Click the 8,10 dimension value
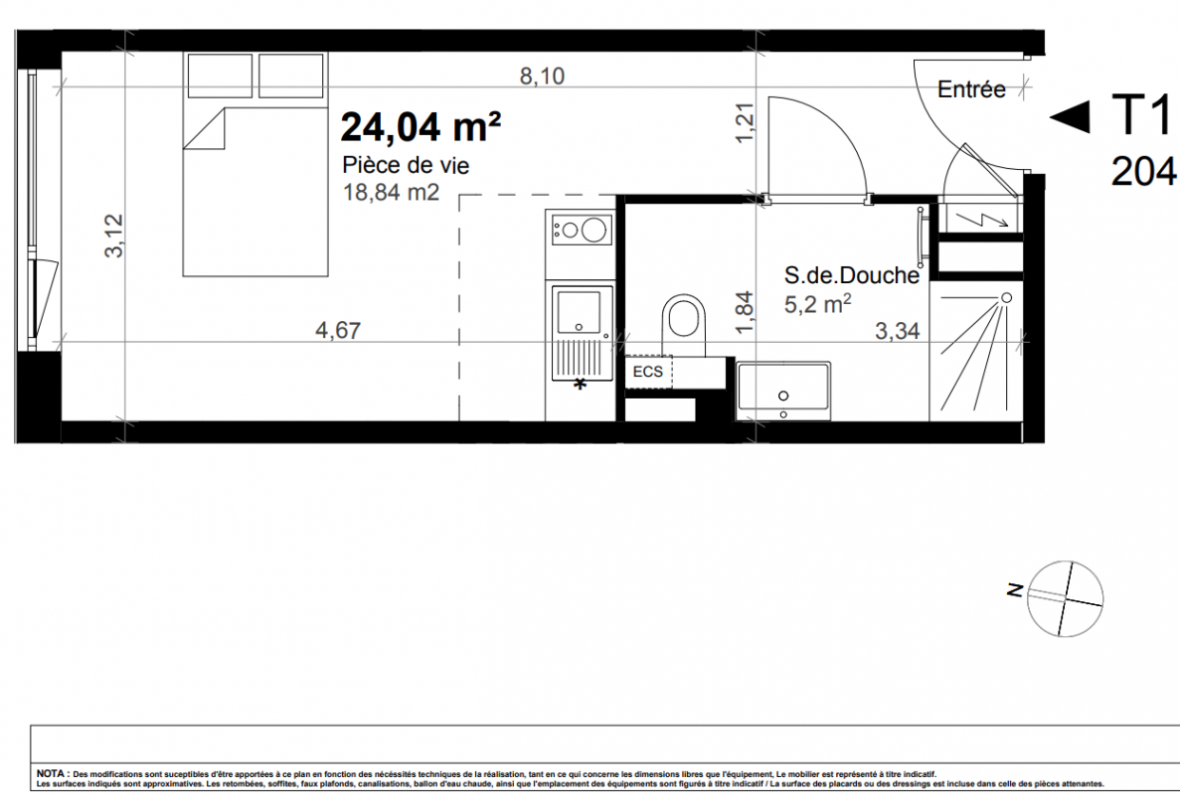click(x=542, y=76)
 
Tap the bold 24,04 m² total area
click(x=421, y=126)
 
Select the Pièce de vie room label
click(x=406, y=165)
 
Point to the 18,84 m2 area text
click(x=391, y=193)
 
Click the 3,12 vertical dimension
click(x=113, y=236)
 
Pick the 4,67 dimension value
click(x=338, y=330)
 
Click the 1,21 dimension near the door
click(x=745, y=122)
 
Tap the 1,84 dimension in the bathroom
click(x=745, y=313)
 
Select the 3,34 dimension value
click(x=897, y=331)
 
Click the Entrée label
click(x=971, y=89)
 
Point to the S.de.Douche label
click(x=852, y=275)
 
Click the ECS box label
click(x=648, y=372)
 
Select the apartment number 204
click(x=1144, y=171)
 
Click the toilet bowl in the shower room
click(x=684, y=317)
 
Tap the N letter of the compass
click(x=1015, y=591)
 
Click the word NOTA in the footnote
click(x=51, y=773)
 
